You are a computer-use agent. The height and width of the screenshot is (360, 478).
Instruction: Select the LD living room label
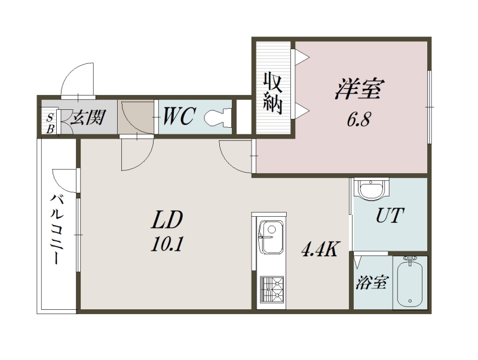click(x=166, y=220)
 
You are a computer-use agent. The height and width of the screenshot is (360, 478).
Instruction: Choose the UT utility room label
click(x=391, y=216)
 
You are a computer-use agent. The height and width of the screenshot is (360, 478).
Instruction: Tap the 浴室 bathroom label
click(x=370, y=282)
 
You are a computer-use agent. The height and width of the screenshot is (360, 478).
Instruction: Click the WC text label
click(x=177, y=116)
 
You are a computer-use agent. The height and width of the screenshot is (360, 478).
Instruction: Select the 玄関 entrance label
click(x=86, y=116)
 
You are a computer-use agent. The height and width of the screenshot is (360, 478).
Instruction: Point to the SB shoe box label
click(x=50, y=122)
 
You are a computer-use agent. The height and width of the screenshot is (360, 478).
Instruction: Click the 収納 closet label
click(x=272, y=93)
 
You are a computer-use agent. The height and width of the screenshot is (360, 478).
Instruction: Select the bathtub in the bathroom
click(x=409, y=284)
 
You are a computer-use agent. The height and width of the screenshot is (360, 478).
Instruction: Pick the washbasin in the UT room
click(x=371, y=190)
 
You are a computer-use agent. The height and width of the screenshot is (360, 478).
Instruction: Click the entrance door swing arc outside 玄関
click(x=78, y=78)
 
